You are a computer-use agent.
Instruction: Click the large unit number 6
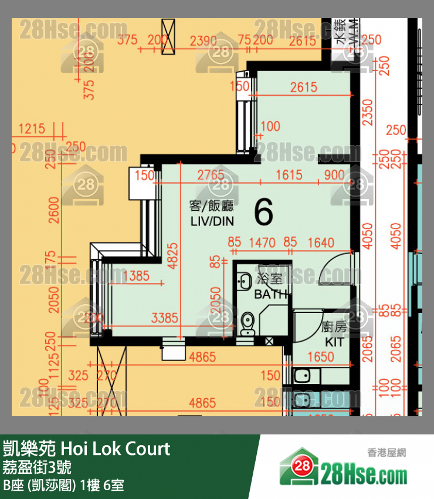click(x=264, y=212)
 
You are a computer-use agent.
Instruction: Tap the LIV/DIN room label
click(x=212, y=221)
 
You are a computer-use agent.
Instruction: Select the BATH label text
click(x=271, y=295)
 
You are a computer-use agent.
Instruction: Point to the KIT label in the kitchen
click(x=334, y=342)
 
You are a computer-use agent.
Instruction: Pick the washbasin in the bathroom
click(x=243, y=281)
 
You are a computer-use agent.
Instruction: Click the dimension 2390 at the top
click(x=204, y=41)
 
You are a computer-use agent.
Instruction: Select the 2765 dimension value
click(x=211, y=175)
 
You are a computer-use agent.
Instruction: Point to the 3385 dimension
click(x=164, y=318)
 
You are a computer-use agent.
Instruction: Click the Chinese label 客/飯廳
click(x=211, y=206)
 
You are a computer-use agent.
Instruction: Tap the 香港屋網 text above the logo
click(x=387, y=452)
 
